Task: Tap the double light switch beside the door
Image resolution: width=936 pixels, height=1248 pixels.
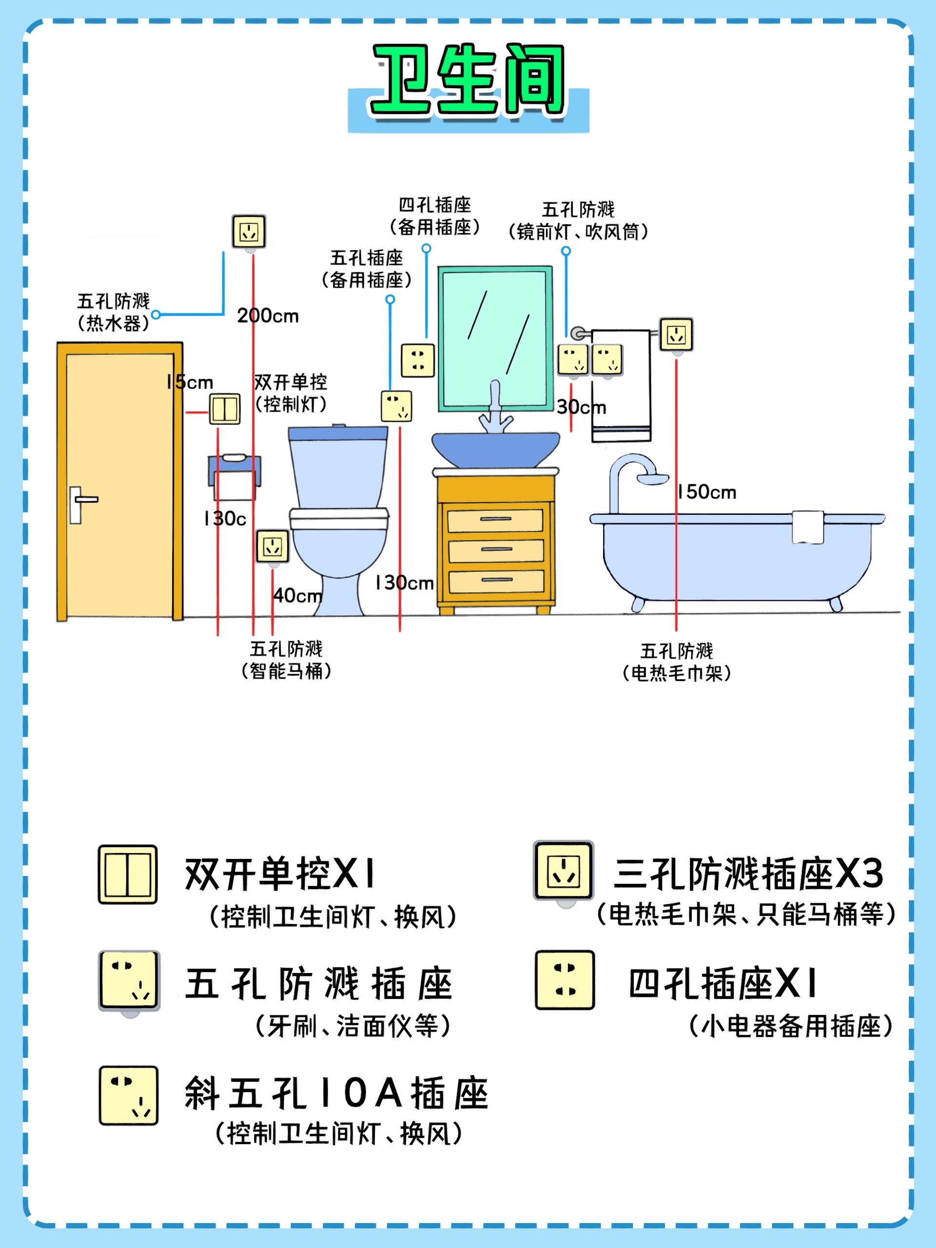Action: click(225, 409)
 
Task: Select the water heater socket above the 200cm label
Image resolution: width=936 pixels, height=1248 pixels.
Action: click(249, 232)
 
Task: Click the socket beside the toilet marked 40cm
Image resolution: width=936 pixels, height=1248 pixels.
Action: click(273, 546)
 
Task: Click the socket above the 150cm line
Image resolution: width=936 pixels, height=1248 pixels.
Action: click(676, 334)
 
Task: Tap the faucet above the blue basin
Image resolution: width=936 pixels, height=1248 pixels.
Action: click(495, 409)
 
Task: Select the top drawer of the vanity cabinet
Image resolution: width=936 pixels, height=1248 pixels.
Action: click(495, 520)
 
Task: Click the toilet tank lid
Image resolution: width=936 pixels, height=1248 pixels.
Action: click(338, 433)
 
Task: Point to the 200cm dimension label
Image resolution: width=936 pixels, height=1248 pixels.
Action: click(268, 315)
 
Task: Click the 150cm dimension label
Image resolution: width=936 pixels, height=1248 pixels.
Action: click(707, 492)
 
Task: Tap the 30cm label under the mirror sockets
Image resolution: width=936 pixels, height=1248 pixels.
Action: click(581, 407)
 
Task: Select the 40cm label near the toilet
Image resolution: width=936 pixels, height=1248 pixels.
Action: click(298, 595)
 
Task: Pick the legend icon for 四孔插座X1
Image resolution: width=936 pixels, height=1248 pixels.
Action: click(565, 980)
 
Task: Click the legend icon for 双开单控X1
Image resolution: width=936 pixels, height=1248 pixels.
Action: click(128, 875)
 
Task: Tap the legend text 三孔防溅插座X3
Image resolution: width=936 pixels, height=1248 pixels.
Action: click(748, 874)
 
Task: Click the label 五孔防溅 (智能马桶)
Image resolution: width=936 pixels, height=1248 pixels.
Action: click(286, 660)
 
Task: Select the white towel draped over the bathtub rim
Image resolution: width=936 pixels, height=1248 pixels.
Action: click(808, 527)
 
